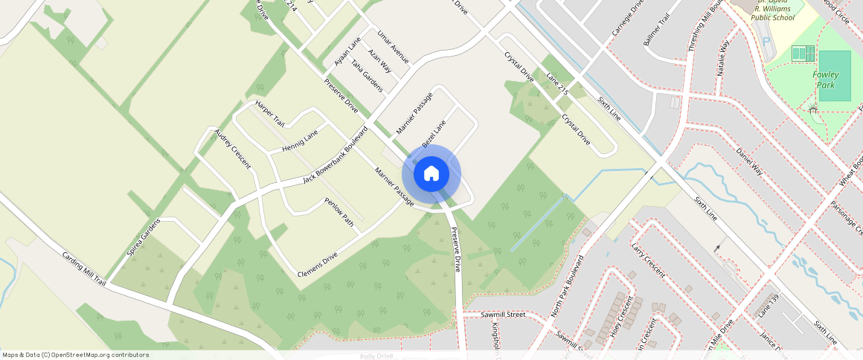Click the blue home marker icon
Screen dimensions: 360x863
431,174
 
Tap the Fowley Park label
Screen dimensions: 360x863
827,80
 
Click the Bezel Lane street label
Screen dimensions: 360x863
433,132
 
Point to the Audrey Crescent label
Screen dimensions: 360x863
232,149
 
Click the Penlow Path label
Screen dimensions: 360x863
339,211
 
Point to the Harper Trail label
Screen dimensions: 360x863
269,113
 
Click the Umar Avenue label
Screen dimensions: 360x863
393,47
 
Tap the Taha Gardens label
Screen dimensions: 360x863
368,76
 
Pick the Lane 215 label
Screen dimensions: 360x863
556,83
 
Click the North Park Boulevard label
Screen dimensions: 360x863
566,287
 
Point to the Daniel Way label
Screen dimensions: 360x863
749,161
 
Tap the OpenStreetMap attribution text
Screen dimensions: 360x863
75,355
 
